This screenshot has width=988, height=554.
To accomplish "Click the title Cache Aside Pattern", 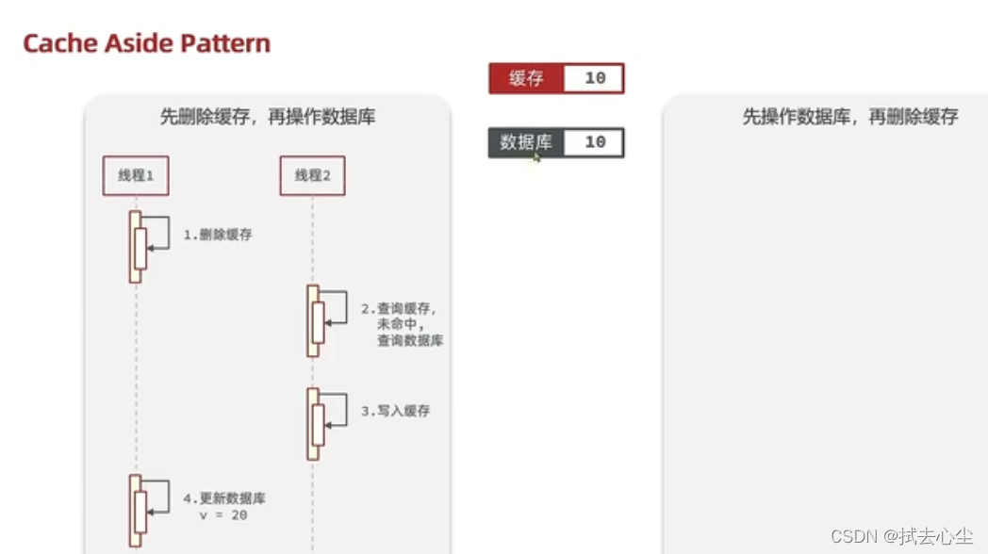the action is [x=146, y=43].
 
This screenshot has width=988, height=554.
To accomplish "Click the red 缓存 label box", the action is [x=526, y=78].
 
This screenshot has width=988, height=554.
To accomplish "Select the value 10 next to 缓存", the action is [x=594, y=78].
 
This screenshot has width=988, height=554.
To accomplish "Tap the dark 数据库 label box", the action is [x=526, y=142].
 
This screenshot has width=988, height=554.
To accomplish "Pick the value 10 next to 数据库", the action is [x=594, y=142].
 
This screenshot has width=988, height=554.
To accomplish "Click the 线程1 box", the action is [x=136, y=175].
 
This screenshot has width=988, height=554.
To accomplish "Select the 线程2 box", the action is [x=312, y=175].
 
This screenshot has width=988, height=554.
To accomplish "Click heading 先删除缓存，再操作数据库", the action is [x=268, y=117].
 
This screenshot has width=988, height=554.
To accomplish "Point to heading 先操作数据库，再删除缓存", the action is [x=850, y=117].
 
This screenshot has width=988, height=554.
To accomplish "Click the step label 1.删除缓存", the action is [x=218, y=235].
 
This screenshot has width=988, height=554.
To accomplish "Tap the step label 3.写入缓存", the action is [x=396, y=411].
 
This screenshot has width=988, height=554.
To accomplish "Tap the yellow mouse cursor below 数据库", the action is [x=535, y=158].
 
